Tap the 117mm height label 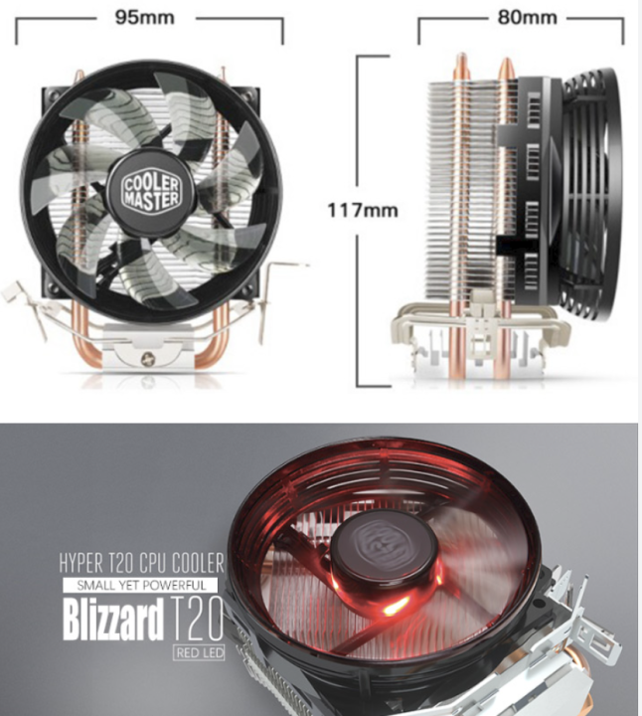(x=363, y=210)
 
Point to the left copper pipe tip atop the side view (x=459, y=65)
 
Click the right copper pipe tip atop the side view (x=506, y=68)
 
